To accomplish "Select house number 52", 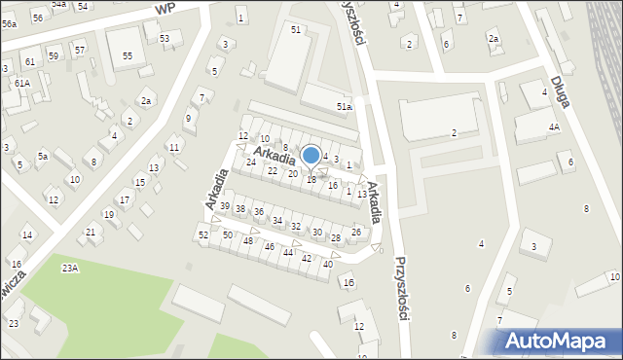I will click(203, 234).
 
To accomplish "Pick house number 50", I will click(227, 234).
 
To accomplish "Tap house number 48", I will click(248, 240).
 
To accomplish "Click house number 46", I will click(269, 247).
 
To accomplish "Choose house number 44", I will click(288, 252).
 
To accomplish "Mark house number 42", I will click(307, 258).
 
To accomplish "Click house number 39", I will click(225, 206).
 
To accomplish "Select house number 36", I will click(259, 211).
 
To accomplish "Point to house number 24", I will click(251, 162).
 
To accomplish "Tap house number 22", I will click(273, 170).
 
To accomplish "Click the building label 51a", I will click(343, 106).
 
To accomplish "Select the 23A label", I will click(70, 268).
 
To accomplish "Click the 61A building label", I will click(21, 84).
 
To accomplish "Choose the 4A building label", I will click(555, 126).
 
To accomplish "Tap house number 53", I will click(165, 38).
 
